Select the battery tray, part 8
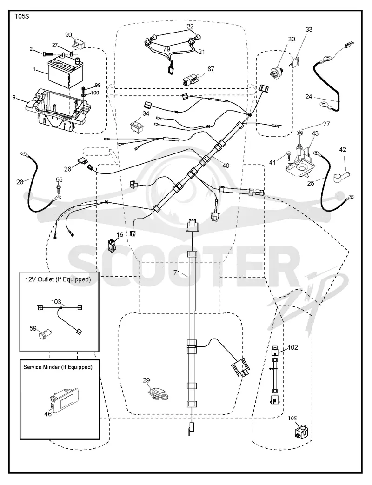(58, 110)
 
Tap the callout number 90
(69, 34)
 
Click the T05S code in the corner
(22, 16)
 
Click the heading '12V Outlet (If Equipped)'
(58, 279)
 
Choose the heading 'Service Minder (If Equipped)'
(58, 367)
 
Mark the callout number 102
(293, 347)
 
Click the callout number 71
(177, 272)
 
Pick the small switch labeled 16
(113, 244)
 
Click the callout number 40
(226, 166)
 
